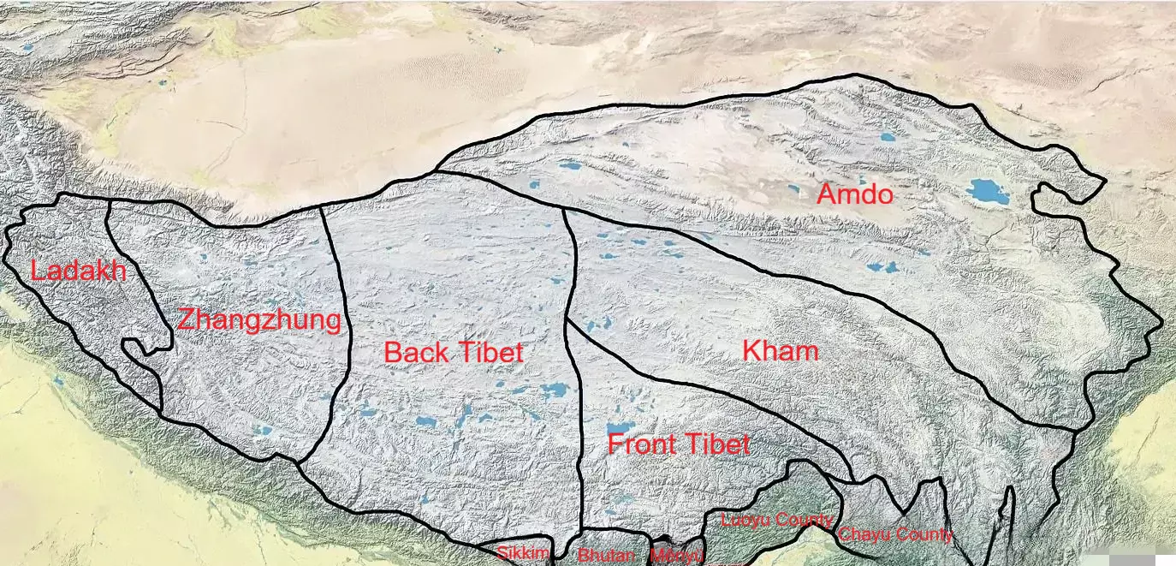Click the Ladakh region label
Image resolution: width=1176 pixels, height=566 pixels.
tap(78, 271)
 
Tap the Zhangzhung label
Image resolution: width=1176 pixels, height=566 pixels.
tap(258, 321)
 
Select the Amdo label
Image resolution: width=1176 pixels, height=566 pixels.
tap(854, 194)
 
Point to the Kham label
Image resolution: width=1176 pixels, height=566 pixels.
tap(780, 350)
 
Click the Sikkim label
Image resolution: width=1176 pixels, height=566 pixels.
tap(522, 553)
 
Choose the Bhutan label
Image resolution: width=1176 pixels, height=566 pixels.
tap(606, 555)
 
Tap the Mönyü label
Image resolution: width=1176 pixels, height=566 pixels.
tap(677, 555)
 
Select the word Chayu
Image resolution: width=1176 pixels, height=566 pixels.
tap(865, 535)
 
